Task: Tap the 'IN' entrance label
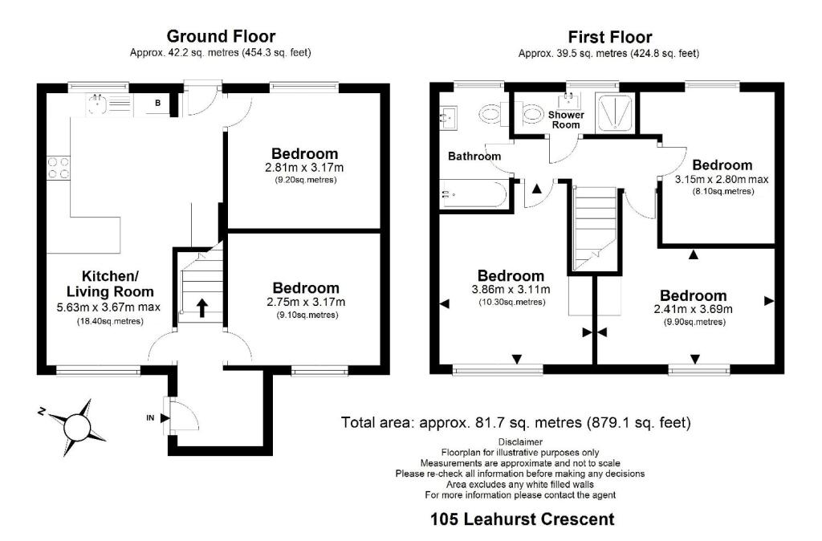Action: [149, 417]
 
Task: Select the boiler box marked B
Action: [158, 103]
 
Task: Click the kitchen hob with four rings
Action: [58, 167]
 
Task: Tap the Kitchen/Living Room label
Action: [106, 283]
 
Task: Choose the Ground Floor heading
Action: [221, 37]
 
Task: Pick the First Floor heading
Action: [609, 37]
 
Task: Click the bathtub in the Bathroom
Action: [474, 194]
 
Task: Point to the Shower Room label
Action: [564, 120]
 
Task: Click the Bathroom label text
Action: [474, 156]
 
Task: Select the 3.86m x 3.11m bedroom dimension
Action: [510, 290]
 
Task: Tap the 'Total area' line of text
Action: [515, 422]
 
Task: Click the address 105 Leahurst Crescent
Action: [523, 519]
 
